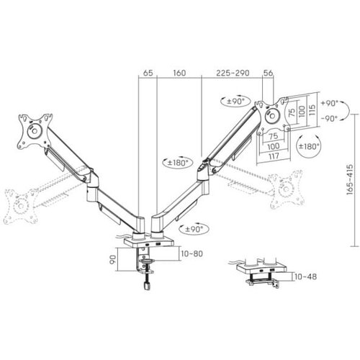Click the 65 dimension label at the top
(148, 73)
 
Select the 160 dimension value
(179, 73)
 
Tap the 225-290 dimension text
(233, 73)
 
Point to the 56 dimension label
(268, 73)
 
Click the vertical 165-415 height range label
(351, 179)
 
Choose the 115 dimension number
(312, 110)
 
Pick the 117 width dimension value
(274, 156)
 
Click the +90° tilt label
(330, 103)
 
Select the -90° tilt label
(330, 118)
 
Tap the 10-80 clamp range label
(192, 253)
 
